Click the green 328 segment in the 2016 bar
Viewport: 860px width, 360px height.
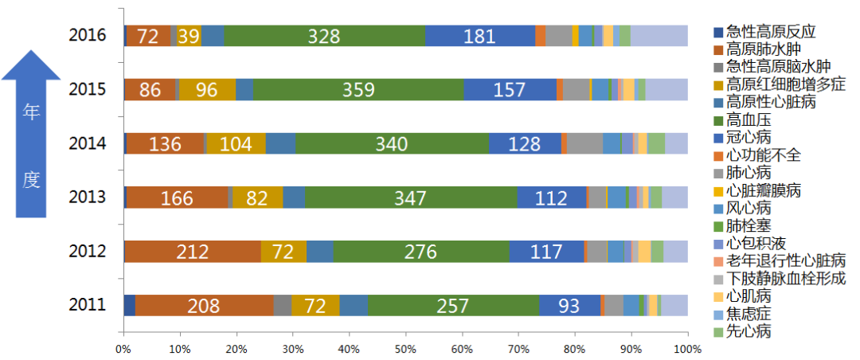point(324,36)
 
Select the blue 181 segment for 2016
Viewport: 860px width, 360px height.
point(479,36)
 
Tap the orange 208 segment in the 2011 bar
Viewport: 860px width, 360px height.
point(204,305)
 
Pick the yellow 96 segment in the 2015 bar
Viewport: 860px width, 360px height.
point(207,89)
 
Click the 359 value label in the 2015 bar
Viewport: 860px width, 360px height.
point(358,89)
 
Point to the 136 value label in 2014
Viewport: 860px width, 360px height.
point(165,143)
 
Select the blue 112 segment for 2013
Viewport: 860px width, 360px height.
point(551,198)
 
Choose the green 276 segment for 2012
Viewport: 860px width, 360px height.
point(420,251)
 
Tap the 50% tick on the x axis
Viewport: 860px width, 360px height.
point(405,349)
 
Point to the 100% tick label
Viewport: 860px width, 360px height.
point(686,349)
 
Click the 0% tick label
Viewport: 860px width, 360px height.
point(123,349)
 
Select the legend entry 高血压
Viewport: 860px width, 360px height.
point(749,119)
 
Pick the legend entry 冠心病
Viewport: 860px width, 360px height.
point(749,137)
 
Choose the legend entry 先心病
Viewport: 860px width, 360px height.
point(749,331)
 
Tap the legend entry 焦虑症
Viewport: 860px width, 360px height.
point(749,313)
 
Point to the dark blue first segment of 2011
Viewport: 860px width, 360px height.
point(129,305)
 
